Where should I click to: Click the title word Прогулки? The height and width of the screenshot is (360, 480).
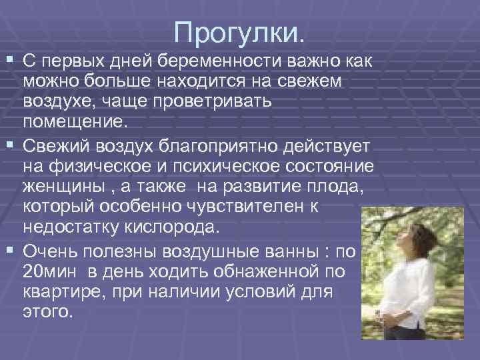(x=239, y=31)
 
